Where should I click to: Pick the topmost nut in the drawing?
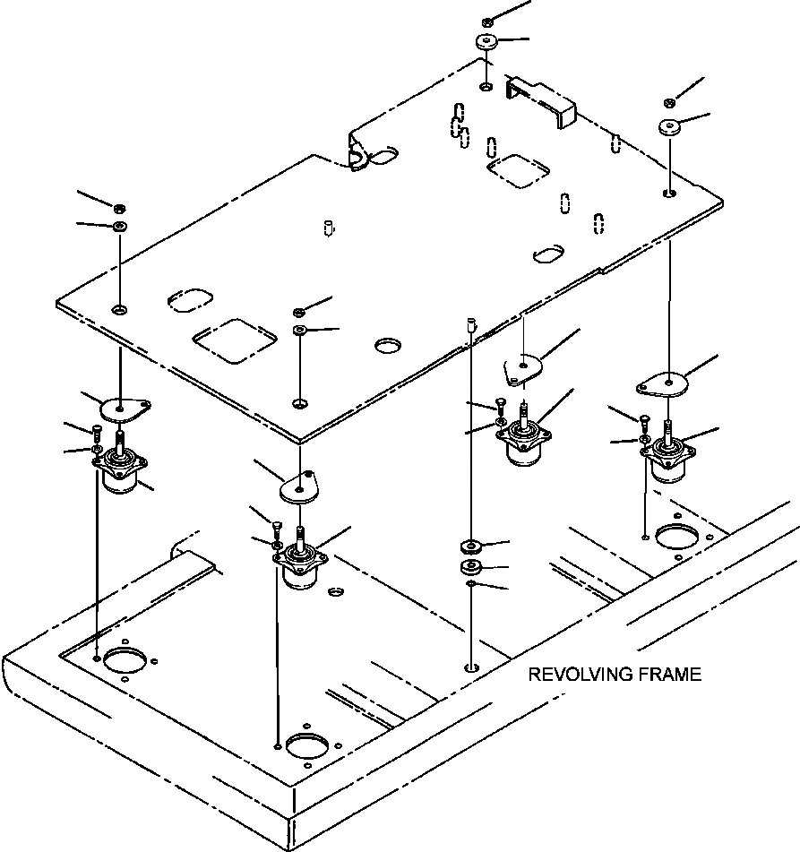click(486, 21)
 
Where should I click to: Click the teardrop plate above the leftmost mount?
click(122, 408)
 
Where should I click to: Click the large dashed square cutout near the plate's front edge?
click(235, 340)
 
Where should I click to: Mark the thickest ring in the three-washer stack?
click(469, 568)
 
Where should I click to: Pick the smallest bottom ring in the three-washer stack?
click(470, 586)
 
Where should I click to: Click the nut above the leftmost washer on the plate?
click(119, 208)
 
